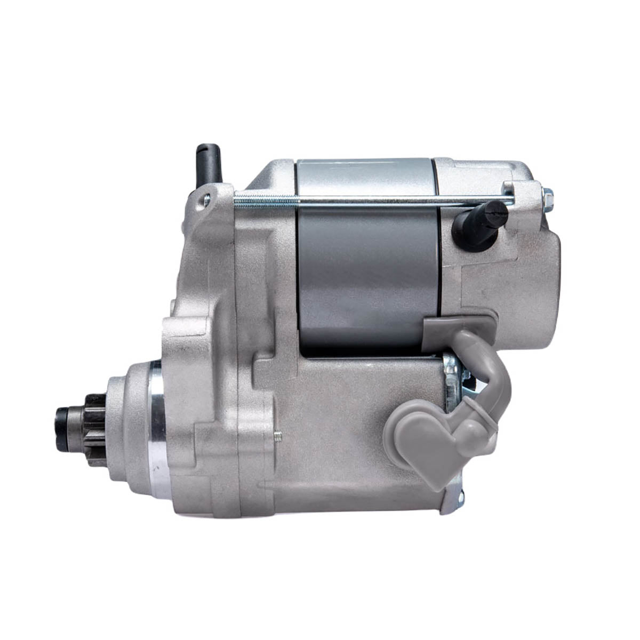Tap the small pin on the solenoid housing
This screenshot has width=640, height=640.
pyautogui.click(x=277, y=436)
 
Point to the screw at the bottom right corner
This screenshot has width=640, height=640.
pyautogui.click(x=460, y=498)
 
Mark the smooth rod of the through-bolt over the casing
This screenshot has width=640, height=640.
pyautogui.click(x=373, y=201)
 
